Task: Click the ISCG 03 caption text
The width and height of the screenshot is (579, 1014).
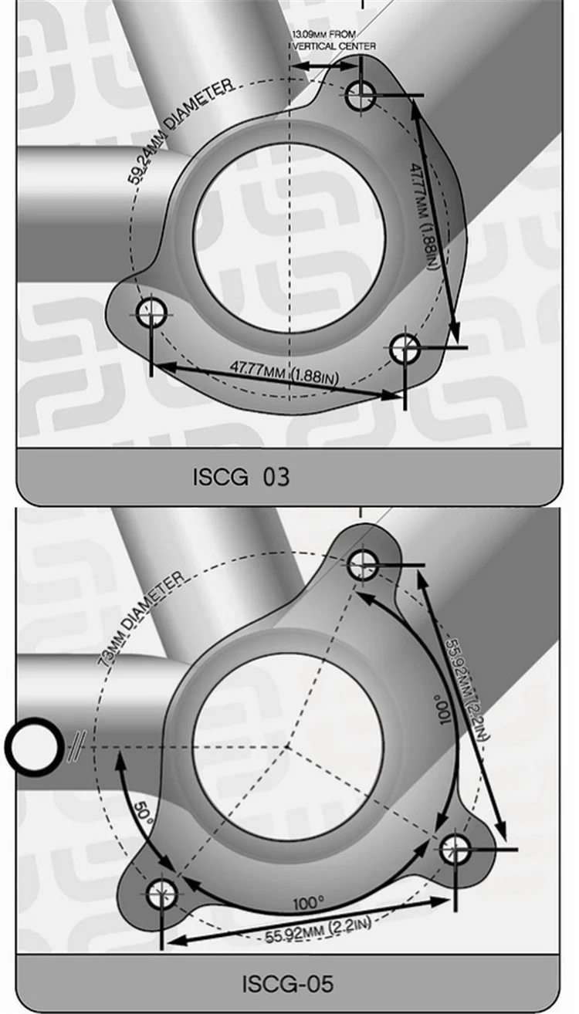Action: pos(241,476)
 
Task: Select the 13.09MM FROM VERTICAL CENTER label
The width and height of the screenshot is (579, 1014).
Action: pos(334,41)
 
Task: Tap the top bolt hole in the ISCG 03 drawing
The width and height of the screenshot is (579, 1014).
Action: pos(361,96)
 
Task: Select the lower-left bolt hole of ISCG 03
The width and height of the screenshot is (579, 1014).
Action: pos(151,313)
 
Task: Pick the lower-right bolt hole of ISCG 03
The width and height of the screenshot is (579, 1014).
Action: pos(405,349)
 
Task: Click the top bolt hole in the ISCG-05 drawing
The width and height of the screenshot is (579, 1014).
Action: pos(361,565)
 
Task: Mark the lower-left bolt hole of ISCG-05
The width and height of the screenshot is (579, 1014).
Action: pos(161,894)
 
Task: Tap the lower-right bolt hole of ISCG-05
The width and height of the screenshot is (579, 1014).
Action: pos(455,849)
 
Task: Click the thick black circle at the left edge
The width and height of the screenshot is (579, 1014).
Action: pos(34,747)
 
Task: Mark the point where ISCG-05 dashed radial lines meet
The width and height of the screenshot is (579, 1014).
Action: pos(287,746)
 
